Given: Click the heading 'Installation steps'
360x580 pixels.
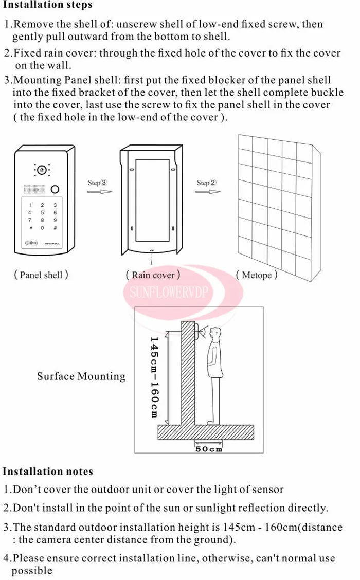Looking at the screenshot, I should [x=47, y=5].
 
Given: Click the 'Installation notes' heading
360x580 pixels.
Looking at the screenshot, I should [x=48, y=471].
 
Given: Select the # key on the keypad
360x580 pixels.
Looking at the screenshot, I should [x=55, y=227].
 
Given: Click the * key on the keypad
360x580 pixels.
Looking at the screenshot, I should [x=30, y=227].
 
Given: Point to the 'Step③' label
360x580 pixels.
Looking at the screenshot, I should [x=98, y=183].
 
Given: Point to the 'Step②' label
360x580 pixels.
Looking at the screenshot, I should [x=207, y=183].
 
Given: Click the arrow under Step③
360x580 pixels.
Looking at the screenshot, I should [x=99, y=192].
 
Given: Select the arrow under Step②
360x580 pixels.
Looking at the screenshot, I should [x=208, y=192].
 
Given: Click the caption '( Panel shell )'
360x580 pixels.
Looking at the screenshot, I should [x=41, y=275].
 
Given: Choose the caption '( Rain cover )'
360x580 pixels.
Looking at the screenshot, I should [x=153, y=275].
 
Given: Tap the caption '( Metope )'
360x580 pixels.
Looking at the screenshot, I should [x=257, y=275].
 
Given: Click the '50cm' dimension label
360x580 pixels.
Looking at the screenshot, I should [x=208, y=449].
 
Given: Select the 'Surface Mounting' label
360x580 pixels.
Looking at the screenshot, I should [x=81, y=376].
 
